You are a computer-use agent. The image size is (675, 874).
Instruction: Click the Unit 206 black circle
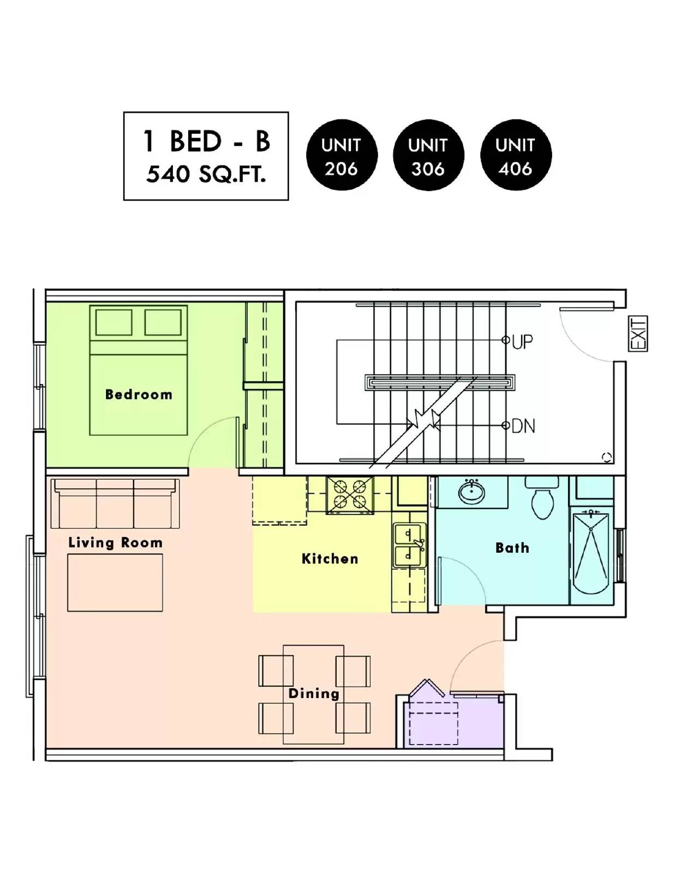point(342,155)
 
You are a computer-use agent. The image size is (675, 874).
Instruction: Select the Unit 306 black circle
point(428,155)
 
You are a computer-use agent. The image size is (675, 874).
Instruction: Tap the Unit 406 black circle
point(516,155)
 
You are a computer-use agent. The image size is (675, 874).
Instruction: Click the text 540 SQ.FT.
point(206,175)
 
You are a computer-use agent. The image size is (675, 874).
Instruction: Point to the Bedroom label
point(139,394)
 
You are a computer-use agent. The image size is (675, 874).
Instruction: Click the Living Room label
point(115,542)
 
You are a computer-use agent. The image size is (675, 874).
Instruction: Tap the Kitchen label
point(330,559)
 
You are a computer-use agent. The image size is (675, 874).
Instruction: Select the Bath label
point(512,547)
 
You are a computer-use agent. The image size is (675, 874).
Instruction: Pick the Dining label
point(314,693)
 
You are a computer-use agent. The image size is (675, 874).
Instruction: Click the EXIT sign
point(638,334)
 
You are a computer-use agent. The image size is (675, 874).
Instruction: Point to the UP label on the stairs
point(522,342)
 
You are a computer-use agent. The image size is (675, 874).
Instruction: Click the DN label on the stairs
point(523,426)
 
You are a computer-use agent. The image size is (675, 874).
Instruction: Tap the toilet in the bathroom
point(542,498)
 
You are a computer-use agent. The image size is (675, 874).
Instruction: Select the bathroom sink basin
point(471,491)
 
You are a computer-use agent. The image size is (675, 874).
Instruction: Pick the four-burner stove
point(350,495)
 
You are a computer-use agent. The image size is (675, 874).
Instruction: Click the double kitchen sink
point(409,545)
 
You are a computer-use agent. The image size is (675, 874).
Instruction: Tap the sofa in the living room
point(115,503)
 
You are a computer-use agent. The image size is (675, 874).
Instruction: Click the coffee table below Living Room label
point(115,583)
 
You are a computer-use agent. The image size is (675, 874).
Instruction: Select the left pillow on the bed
point(114,322)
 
